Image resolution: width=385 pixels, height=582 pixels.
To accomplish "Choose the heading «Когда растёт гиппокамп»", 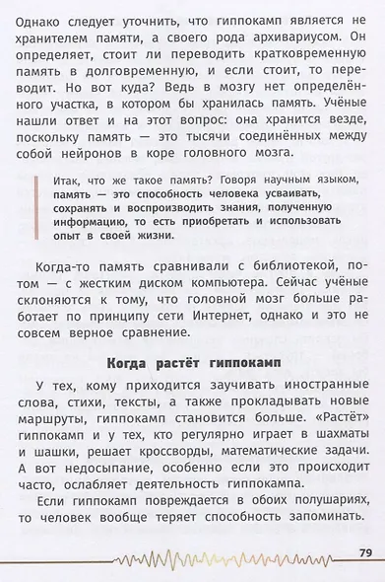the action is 192,392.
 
